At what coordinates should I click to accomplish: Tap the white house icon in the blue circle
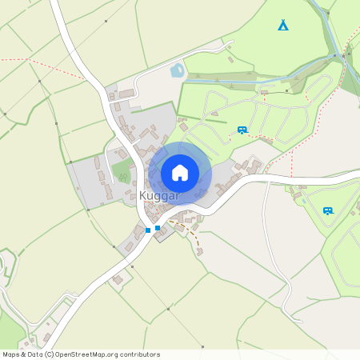pos(180,173)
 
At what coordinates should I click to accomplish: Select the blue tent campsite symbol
pos(283,26)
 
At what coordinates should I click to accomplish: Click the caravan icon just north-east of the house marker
pos(242,129)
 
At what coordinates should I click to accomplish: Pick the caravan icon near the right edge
pos(327,210)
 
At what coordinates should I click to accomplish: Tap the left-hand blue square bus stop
pos(148,230)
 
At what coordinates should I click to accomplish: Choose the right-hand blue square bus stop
pos(158,228)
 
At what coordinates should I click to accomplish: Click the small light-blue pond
pos(177,71)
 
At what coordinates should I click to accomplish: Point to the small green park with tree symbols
pos(122,170)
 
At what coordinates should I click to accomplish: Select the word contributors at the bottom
pos(139,354)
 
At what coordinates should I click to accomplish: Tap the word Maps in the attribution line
pos(11,354)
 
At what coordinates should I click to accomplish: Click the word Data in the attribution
pos(34,354)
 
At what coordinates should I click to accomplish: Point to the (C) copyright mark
pos(49,354)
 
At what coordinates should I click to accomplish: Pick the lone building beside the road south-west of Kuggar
pos(118,279)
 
